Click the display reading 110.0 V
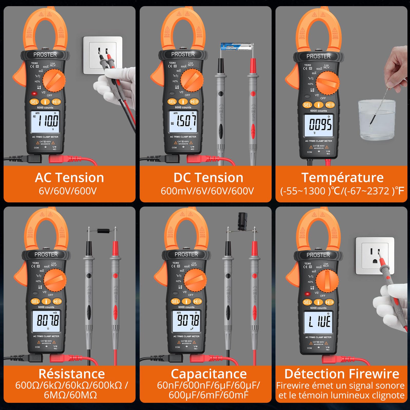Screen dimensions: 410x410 45,122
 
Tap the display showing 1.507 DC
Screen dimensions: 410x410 183,121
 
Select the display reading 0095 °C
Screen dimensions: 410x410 319,125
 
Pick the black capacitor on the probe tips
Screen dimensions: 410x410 242,221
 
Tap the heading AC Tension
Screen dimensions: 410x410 69,178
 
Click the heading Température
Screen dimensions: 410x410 342,178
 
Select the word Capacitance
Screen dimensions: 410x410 209,374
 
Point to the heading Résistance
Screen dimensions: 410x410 71,374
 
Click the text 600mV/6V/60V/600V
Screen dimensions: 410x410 207,191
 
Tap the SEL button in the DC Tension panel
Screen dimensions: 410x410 172,102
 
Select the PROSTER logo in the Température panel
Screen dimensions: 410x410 318,56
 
